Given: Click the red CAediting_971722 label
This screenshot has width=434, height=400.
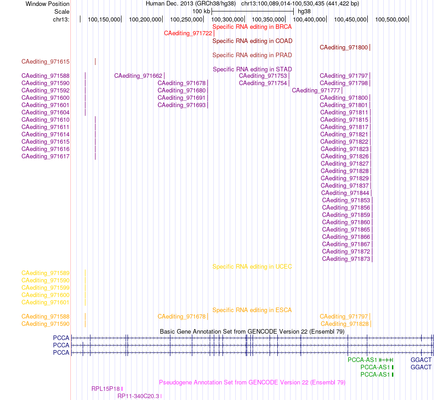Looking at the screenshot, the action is (x=188, y=33).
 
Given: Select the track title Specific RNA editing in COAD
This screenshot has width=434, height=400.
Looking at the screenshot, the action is (x=253, y=41).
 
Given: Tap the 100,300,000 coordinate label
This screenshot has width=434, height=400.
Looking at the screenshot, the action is (x=227, y=19).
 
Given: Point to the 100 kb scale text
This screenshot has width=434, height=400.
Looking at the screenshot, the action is (x=201, y=11).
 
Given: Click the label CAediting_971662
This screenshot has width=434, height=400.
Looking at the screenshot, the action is (x=138, y=76).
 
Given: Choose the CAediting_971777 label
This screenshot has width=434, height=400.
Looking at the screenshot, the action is (x=316, y=91).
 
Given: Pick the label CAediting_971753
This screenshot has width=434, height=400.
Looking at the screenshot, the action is (x=263, y=76).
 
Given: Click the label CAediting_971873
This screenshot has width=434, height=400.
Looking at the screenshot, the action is (x=346, y=259).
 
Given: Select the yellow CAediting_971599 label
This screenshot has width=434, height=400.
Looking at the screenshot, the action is (x=45, y=288).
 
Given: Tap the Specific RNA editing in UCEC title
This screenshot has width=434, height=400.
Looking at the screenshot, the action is (x=252, y=267).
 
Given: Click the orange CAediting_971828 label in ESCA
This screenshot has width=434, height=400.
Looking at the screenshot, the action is (x=344, y=324).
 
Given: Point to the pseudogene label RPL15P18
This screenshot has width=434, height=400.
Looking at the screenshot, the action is (x=106, y=389).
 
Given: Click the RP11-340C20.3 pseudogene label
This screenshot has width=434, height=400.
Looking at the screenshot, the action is (x=138, y=396).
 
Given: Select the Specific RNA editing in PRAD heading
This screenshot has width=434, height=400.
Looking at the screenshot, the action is (x=252, y=55).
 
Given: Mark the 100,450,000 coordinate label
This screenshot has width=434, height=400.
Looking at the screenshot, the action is (x=350, y=19).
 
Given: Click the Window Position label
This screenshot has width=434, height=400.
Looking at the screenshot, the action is (x=48, y=4).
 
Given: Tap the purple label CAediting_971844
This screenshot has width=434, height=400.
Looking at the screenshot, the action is (x=345, y=193).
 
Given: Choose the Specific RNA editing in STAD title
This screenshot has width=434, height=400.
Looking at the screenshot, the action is (x=253, y=69).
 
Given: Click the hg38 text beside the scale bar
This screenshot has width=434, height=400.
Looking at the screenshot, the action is (x=304, y=11).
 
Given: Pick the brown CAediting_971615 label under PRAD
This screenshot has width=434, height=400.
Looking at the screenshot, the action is (x=45, y=61).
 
